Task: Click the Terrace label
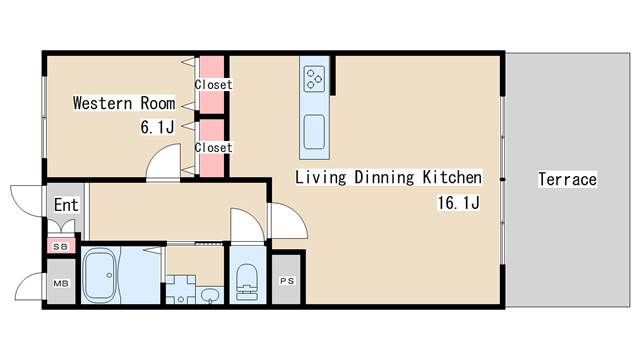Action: (x=567, y=179)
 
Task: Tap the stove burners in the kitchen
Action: (x=314, y=78)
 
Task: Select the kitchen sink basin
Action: (x=314, y=132)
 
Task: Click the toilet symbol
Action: (x=247, y=282)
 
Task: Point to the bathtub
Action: (x=100, y=275)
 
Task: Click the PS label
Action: (x=287, y=281)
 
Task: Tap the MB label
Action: (x=61, y=283)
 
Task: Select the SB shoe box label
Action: (x=61, y=247)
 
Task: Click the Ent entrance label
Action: (x=66, y=205)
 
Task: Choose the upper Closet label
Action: (x=213, y=84)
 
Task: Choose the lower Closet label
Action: (x=213, y=147)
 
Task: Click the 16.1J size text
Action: (x=458, y=202)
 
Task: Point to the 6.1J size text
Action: (x=157, y=127)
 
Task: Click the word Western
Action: (x=102, y=103)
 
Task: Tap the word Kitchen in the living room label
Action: (x=452, y=178)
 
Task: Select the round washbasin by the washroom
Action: (x=210, y=295)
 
